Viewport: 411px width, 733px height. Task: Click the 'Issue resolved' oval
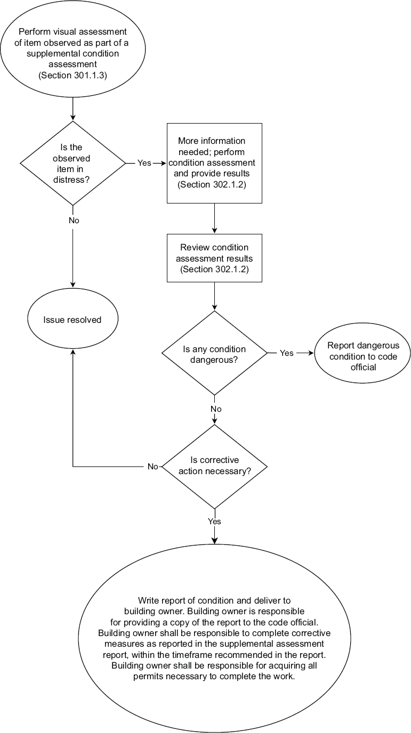pyautogui.click(x=72, y=320)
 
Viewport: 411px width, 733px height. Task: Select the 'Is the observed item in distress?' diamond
pyautogui.click(x=72, y=163)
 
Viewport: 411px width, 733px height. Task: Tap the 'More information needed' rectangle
pyautogui.click(x=214, y=163)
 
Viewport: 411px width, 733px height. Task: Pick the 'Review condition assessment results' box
pyautogui.click(x=214, y=258)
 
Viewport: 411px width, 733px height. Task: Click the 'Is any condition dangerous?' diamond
pyautogui.click(x=214, y=354)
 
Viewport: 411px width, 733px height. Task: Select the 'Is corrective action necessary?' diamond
pyautogui.click(x=214, y=466)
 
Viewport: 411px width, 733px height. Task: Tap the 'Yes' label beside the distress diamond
pyautogui.click(x=144, y=163)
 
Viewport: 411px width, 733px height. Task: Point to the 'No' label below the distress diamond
pyautogui.click(x=74, y=220)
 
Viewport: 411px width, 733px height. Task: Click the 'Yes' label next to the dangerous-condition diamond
pyautogui.click(x=287, y=353)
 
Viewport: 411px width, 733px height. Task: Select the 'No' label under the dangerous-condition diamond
pyautogui.click(x=215, y=409)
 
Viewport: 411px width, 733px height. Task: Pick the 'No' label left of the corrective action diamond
pyautogui.click(x=153, y=466)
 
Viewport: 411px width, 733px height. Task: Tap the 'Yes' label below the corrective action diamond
pyautogui.click(x=215, y=522)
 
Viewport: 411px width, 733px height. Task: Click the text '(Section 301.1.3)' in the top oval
pyautogui.click(x=72, y=75)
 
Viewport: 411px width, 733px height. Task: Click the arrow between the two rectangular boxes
pyautogui.click(x=214, y=218)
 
